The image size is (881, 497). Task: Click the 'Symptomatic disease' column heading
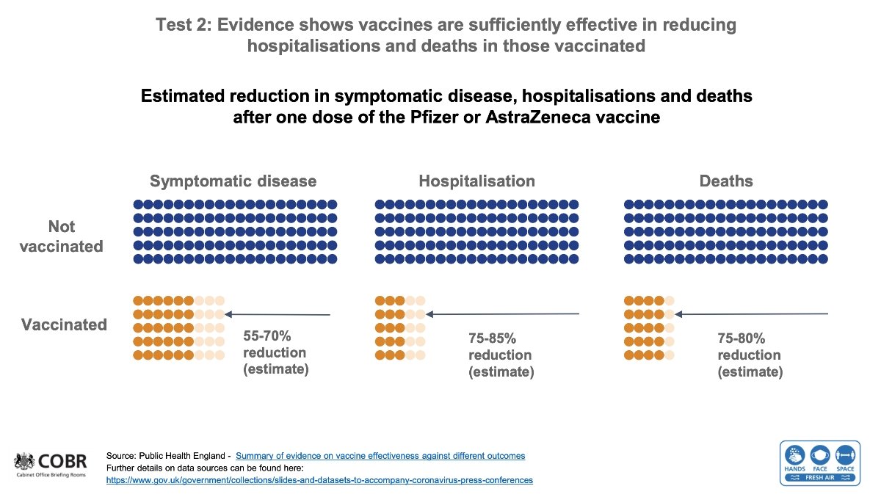click(233, 181)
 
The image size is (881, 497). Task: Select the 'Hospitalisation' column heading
click(476, 181)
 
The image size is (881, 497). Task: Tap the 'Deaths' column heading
click(726, 181)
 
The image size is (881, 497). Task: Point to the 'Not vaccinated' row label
click(62, 236)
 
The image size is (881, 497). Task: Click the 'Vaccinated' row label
click(64, 324)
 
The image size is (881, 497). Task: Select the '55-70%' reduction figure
click(267, 337)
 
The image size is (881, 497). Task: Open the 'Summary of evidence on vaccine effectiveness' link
click(380, 456)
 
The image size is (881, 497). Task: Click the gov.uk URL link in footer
click(319, 480)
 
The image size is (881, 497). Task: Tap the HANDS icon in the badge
click(795, 455)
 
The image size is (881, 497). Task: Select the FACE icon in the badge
click(820, 455)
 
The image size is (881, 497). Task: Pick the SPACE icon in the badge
click(844, 455)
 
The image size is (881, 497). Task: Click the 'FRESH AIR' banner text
click(819, 478)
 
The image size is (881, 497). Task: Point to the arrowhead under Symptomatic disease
click(228, 314)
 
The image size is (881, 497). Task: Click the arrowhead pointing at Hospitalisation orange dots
click(430, 314)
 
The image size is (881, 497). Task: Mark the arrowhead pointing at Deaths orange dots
click(679, 314)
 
